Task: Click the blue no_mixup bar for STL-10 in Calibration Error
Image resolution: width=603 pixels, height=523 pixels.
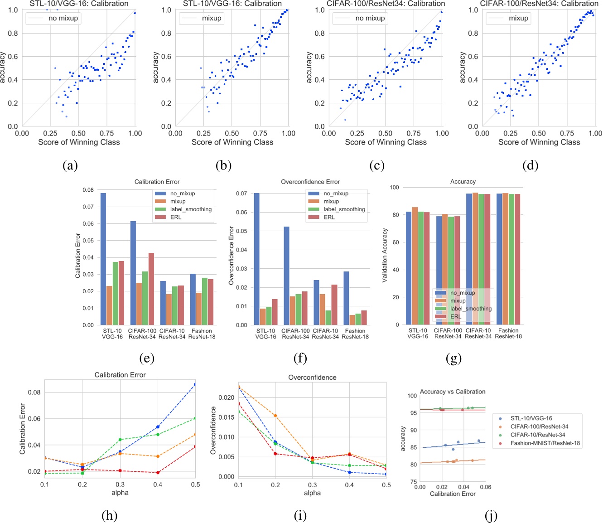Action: pyautogui.click(x=103, y=259)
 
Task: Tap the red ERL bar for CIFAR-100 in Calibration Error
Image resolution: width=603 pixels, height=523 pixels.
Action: pyautogui.click(x=151, y=289)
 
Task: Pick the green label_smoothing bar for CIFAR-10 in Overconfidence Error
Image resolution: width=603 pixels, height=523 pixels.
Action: pyautogui.click(x=328, y=318)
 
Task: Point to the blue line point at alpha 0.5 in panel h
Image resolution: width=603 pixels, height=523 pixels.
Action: pyautogui.click(x=195, y=384)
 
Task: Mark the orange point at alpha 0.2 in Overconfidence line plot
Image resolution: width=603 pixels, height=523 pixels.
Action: pyautogui.click(x=275, y=416)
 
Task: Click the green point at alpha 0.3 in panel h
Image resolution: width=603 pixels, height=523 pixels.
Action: pyautogui.click(x=120, y=440)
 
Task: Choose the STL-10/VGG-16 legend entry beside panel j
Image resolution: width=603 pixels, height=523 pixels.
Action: pyautogui.click(x=531, y=418)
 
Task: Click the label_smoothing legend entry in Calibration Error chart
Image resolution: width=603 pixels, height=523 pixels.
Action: pyautogui.click(x=191, y=209)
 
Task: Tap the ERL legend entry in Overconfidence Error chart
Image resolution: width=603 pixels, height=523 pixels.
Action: pyautogui.click(x=329, y=217)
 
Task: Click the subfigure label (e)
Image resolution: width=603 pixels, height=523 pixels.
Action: pyautogui.click(x=147, y=359)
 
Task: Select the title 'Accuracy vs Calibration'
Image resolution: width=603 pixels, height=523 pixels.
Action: pyautogui.click(x=453, y=392)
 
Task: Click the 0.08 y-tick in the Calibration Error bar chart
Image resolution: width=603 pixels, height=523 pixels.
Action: pyautogui.click(x=88, y=190)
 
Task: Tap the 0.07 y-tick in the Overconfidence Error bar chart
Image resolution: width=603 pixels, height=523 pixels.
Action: pyautogui.click(x=241, y=194)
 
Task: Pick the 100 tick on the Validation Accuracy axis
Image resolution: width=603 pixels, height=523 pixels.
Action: pyautogui.click(x=394, y=187)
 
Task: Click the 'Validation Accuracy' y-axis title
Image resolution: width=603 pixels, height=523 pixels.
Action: pyautogui.click(x=385, y=255)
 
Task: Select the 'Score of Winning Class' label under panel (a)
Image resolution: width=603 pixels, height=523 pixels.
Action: pyautogui.click(x=79, y=142)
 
